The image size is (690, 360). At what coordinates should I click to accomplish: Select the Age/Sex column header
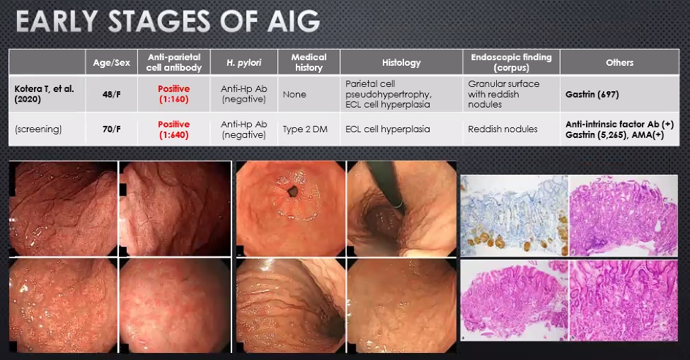tap(111, 62)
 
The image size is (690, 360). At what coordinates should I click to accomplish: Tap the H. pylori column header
tap(243, 62)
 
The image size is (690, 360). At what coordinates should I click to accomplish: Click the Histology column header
tap(401, 62)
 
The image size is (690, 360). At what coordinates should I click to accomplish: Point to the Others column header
tap(620, 62)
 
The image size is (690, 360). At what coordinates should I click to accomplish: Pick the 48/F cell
tap(111, 94)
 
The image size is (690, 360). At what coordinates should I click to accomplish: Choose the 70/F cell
tap(111, 129)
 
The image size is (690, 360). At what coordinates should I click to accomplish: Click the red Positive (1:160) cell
tap(174, 93)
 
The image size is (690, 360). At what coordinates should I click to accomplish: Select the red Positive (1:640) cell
tap(174, 129)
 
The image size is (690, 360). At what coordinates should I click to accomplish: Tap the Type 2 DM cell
tap(305, 129)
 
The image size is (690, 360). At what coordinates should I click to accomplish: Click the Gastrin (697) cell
tap(592, 94)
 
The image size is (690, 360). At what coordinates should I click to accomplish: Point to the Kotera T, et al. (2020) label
tap(44, 93)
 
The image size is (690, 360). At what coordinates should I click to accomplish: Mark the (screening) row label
tap(38, 129)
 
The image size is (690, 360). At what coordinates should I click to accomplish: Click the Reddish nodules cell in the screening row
tap(502, 129)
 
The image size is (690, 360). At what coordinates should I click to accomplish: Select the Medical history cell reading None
tap(294, 94)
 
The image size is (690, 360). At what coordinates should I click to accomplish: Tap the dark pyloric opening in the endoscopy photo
tap(292, 191)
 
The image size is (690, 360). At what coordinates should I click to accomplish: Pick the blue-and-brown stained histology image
tap(514, 215)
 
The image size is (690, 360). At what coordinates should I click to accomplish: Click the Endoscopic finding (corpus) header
tap(511, 62)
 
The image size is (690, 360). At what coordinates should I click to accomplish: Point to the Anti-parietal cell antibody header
tap(174, 62)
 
